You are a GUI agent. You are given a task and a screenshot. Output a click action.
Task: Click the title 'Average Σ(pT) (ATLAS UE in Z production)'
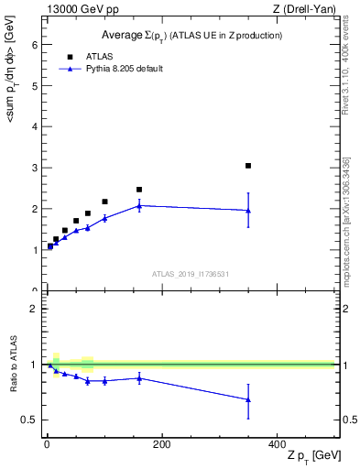tap(191, 36)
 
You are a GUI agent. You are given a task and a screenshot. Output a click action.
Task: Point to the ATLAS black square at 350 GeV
tap(248, 166)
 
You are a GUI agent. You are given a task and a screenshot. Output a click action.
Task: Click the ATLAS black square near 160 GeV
tap(139, 190)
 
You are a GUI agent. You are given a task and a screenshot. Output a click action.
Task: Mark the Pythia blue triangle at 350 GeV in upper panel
tap(248, 211)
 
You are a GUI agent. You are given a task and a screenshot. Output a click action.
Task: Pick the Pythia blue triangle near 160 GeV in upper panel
tap(139, 206)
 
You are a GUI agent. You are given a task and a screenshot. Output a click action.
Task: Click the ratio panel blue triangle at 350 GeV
tap(248, 399)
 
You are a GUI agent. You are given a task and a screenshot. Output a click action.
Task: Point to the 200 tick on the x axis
tap(162, 444)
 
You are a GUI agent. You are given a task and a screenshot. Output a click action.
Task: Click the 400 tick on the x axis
tap(277, 444)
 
